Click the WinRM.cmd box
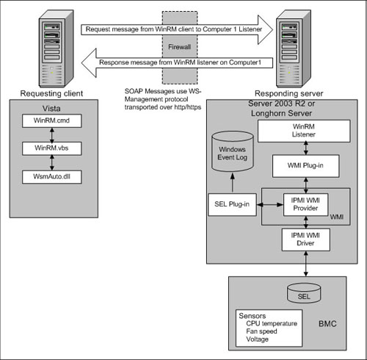click(x=51, y=120)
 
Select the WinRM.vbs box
click(x=51, y=148)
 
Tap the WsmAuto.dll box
click(x=51, y=177)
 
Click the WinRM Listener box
click(x=304, y=131)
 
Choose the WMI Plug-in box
click(x=305, y=166)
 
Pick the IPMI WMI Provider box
click(x=305, y=204)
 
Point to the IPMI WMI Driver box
click(x=305, y=240)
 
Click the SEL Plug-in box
click(x=232, y=204)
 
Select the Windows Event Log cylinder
click(x=232, y=151)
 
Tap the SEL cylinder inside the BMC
click(x=304, y=293)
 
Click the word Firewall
click(x=179, y=47)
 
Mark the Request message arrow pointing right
click(x=177, y=29)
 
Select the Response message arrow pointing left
click(x=177, y=62)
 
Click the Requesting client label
click(x=51, y=93)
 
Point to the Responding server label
click(x=289, y=93)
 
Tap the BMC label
click(x=327, y=324)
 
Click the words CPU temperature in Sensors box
click(x=272, y=323)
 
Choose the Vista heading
click(x=51, y=109)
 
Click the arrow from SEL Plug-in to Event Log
click(x=233, y=183)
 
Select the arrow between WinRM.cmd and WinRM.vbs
click(x=52, y=135)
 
